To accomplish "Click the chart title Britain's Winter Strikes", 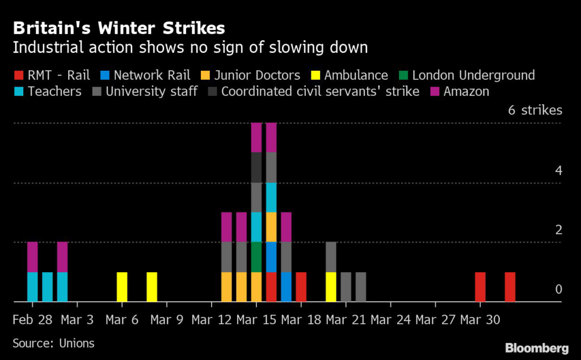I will (119, 28).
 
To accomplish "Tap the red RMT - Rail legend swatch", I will (18, 75).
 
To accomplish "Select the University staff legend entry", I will (151, 91).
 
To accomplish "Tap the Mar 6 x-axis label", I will (123, 320).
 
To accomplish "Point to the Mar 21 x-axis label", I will (345, 320).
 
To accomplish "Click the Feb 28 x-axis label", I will (33, 320).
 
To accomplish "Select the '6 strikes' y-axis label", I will (534, 110).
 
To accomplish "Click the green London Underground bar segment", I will (256, 257).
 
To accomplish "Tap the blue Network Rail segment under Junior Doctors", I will (271, 257).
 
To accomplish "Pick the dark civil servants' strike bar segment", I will (256, 167).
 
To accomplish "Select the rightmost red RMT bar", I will (510, 287).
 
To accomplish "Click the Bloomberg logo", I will (537, 347).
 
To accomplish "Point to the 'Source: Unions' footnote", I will (53, 343).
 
